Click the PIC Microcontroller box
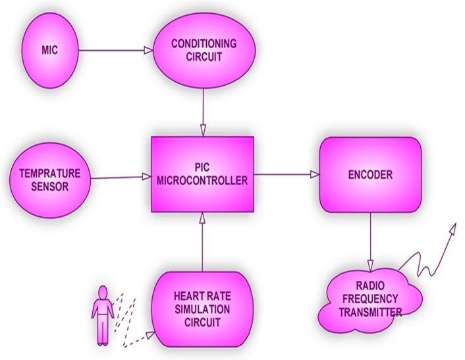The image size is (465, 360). point(202,175)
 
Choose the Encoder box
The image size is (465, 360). point(369,175)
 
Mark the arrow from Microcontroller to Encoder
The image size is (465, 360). point(286,175)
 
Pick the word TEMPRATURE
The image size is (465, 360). point(50,173)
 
